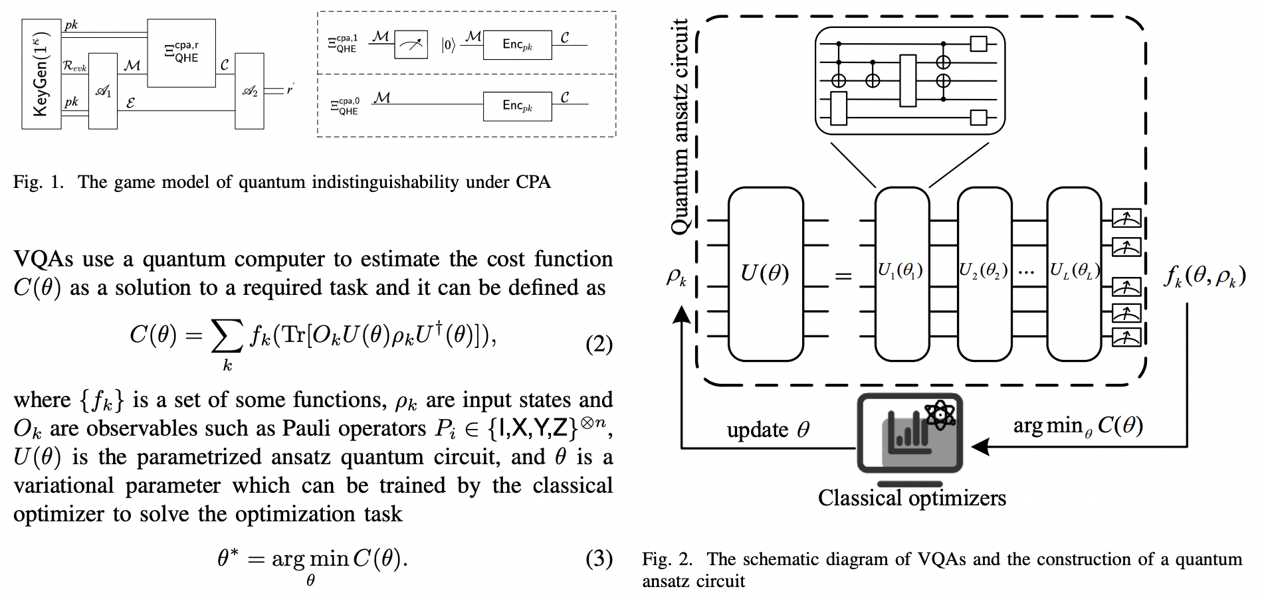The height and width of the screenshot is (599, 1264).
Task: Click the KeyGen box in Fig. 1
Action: tap(41, 74)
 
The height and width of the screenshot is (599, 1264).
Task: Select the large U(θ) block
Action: tap(766, 274)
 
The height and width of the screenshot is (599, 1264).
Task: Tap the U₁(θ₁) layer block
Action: tap(901, 274)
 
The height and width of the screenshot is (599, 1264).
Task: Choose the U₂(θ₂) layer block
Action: tap(984, 274)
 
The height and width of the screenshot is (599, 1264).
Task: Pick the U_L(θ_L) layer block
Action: tap(1074, 274)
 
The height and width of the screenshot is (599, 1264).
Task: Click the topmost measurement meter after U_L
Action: tap(1126, 218)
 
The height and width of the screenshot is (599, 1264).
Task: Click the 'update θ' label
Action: tap(768, 430)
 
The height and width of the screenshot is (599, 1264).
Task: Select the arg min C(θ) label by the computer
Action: tap(1077, 426)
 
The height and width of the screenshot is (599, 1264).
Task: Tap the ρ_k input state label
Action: tap(676, 277)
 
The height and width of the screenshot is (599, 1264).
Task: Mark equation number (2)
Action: tap(598, 344)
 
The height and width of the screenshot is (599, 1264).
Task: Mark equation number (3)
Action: tap(598, 558)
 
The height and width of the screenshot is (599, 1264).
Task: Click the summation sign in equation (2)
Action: tap(226, 336)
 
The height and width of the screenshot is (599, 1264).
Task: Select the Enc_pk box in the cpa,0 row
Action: tap(517, 106)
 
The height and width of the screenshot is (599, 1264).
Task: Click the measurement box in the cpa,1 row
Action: tap(411, 45)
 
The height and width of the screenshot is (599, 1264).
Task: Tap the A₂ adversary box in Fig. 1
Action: tap(249, 91)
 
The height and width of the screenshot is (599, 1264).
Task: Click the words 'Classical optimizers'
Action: tap(911, 498)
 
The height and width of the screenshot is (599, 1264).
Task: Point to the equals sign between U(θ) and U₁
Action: tap(843, 275)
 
